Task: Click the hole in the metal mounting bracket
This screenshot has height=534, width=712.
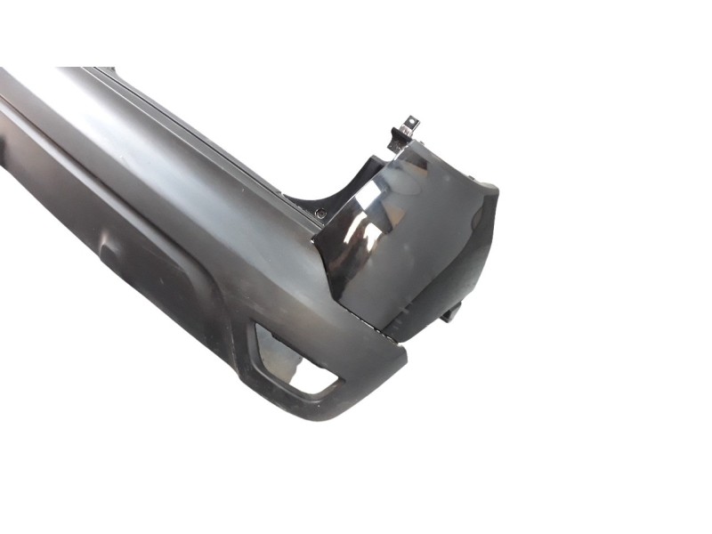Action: pyautogui.click(x=411, y=121)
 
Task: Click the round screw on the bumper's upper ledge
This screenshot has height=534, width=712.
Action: pyautogui.click(x=320, y=213)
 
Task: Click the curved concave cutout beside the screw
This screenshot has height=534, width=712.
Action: pyautogui.click(x=343, y=191)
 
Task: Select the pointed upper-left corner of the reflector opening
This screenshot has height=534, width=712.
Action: pyautogui.click(x=259, y=327)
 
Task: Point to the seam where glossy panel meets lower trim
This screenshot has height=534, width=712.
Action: pyautogui.click(x=374, y=325)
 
